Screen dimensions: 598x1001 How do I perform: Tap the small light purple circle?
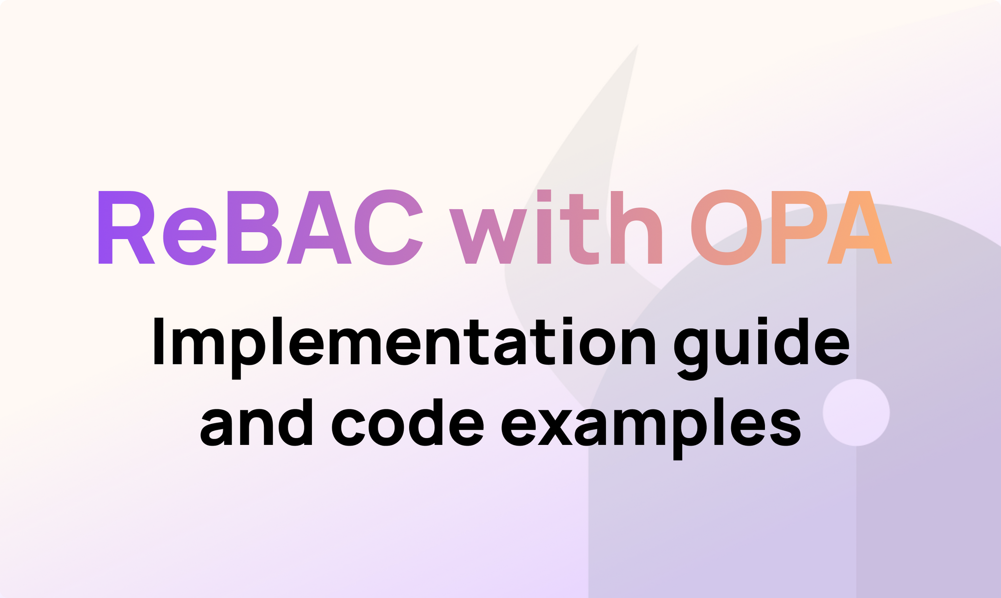tap(856, 412)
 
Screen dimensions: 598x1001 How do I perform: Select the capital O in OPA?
tap(727, 228)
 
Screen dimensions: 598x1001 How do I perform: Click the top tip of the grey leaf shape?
tap(637, 46)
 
